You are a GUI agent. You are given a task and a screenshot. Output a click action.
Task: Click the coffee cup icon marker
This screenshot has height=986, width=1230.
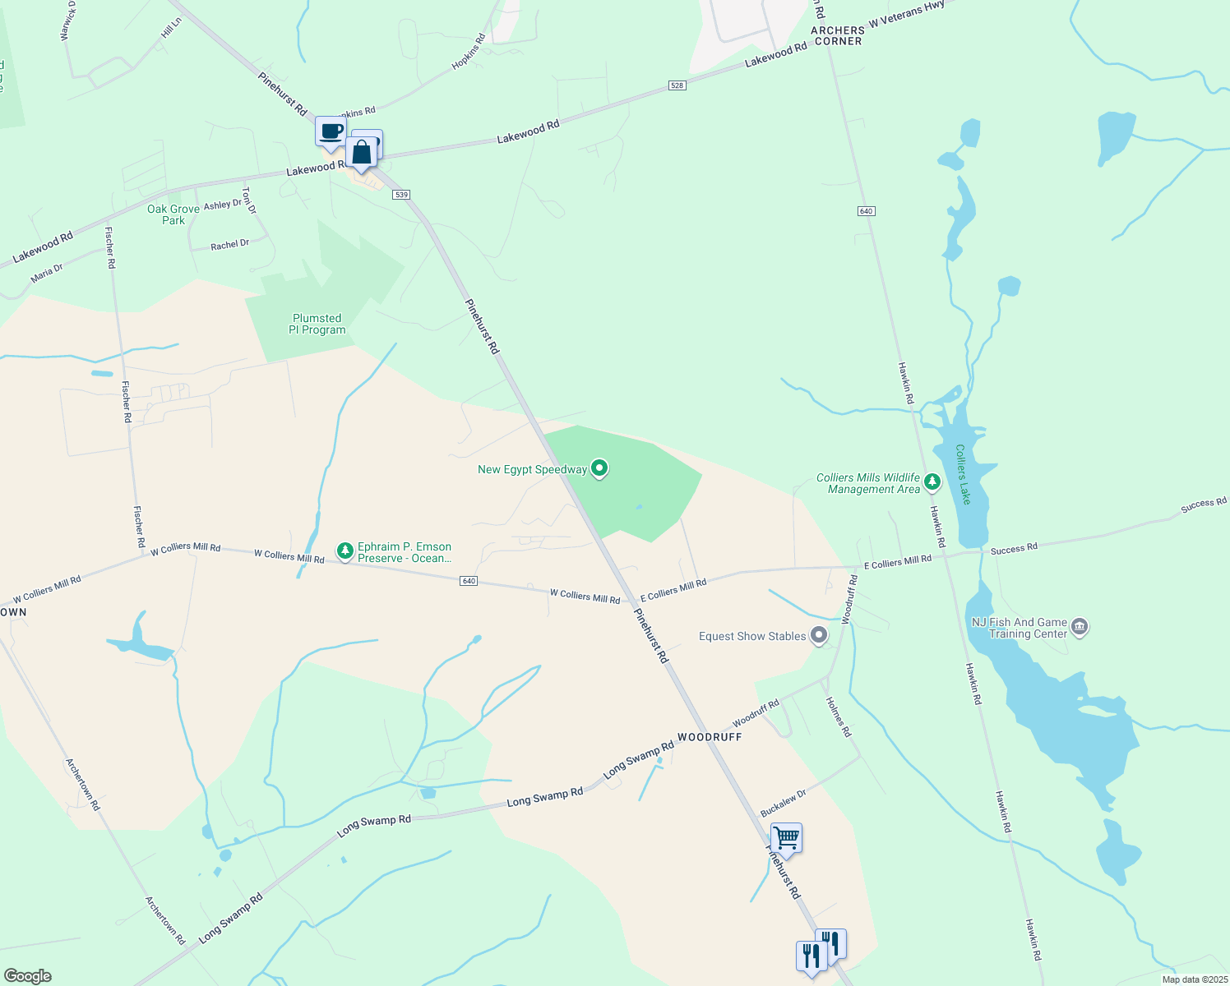point(331,131)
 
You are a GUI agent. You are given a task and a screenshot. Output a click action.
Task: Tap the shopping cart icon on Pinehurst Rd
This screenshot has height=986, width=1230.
point(786,838)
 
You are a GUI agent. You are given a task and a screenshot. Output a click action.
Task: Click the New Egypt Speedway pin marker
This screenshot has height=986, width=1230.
point(599,468)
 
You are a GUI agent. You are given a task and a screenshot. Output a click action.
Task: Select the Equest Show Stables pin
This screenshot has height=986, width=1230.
point(818,635)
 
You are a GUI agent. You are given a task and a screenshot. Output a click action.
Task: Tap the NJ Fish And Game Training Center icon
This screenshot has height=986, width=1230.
point(1080,627)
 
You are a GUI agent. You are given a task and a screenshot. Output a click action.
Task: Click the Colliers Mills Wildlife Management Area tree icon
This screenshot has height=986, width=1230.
point(932,481)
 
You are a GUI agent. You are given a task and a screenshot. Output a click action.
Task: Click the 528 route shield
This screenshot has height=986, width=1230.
point(677,85)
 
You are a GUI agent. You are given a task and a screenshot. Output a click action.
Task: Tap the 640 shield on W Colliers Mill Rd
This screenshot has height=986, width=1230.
point(469,581)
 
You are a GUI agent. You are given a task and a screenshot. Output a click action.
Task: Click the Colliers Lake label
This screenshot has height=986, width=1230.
point(963,474)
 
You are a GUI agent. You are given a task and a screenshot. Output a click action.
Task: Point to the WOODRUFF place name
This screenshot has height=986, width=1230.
point(710,737)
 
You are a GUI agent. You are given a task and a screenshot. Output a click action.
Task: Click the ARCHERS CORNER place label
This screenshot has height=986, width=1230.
point(838,35)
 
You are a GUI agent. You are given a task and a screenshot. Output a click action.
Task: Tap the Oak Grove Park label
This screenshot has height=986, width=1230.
point(173,214)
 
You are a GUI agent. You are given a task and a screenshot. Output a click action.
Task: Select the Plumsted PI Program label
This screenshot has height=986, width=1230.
point(317,324)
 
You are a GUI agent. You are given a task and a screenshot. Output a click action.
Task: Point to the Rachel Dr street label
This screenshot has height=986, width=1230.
point(229,245)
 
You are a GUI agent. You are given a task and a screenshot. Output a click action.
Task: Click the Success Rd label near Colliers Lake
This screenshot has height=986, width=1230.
point(1014,548)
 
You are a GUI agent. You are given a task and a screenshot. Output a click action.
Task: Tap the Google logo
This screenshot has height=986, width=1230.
point(27,976)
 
